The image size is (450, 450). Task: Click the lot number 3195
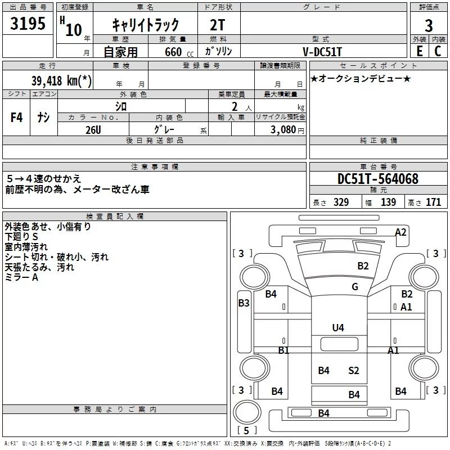[28, 23]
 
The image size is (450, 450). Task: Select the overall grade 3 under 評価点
[429, 25]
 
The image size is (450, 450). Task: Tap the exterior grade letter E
[419, 51]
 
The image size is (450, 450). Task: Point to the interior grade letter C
[438, 51]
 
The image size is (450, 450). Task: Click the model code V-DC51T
[322, 52]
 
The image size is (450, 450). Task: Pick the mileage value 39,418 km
[61, 80]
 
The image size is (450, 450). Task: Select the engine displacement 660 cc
[179, 52]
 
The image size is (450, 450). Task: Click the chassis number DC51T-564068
[378, 178]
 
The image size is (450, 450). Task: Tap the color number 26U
[93, 130]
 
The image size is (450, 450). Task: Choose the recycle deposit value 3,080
[283, 130]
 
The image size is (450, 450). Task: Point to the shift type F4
[16, 117]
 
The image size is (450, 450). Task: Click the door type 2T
[217, 25]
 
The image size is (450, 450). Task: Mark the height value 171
[433, 202]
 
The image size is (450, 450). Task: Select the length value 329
[341, 202]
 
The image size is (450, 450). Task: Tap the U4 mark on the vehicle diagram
[338, 327]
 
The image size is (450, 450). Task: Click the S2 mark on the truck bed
[354, 370]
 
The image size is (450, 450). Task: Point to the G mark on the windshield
[355, 286]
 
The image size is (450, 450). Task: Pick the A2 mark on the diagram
[400, 232]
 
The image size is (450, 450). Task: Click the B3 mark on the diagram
[244, 303]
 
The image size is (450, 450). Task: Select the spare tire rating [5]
[246, 430]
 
